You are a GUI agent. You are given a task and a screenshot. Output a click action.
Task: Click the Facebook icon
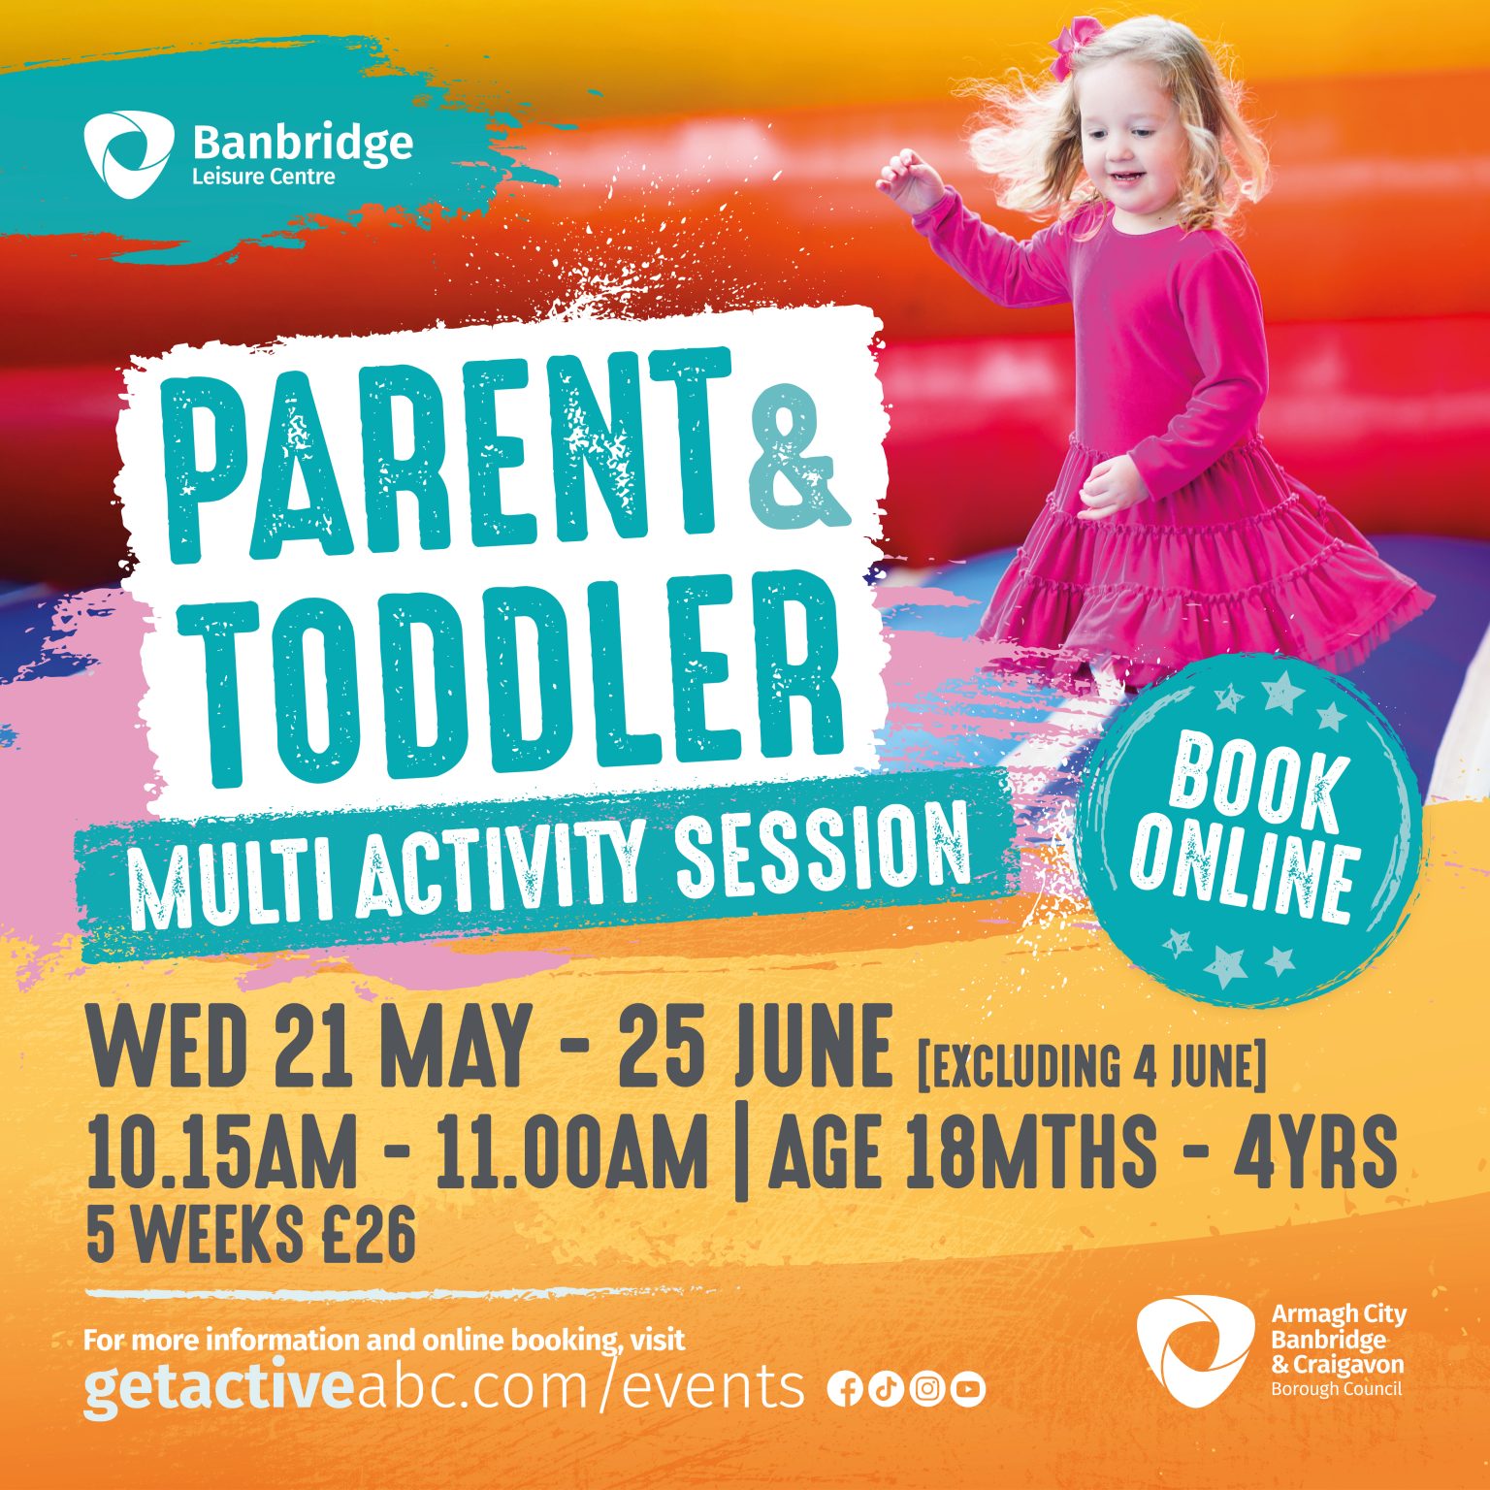coord(844,1389)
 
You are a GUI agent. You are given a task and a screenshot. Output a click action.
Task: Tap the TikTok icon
coord(885,1389)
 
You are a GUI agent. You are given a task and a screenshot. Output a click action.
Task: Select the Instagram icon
coord(926,1389)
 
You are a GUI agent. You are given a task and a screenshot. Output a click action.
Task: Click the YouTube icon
coord(968,1389)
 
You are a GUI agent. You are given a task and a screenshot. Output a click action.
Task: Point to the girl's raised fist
coord(908,180)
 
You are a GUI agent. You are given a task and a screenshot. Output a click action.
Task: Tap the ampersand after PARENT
coord(796,455)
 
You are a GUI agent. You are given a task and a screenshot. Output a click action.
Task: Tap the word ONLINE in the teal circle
coord(1245,872)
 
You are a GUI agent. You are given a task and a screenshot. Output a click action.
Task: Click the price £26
coord(370,1235)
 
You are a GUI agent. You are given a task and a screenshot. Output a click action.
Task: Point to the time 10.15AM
coord(222,1152)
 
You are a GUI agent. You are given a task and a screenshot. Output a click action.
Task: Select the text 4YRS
coord(1313,1152)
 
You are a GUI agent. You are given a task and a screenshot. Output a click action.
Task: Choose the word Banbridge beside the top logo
coord(303,143)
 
